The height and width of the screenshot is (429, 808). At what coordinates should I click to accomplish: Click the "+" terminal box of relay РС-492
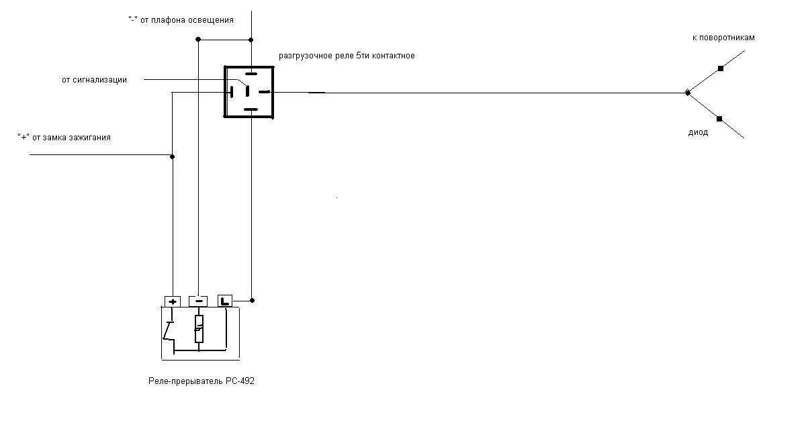173,301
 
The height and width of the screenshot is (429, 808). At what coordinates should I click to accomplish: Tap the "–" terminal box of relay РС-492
198,301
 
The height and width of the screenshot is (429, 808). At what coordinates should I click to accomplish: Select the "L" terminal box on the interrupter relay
225,301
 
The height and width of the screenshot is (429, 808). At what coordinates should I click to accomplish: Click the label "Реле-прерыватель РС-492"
201,381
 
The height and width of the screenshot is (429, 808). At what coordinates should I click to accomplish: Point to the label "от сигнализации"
94,80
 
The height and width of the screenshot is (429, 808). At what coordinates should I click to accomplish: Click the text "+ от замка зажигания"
64,138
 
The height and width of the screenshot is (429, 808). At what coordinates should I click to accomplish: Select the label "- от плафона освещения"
181,20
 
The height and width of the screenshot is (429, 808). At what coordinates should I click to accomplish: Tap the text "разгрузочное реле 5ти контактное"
347,56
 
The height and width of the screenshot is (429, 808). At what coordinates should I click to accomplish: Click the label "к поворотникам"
723,38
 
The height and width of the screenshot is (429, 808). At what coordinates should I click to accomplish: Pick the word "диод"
699,133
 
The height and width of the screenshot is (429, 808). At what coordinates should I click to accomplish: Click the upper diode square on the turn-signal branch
721,68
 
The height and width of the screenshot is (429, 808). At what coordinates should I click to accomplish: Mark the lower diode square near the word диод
719,119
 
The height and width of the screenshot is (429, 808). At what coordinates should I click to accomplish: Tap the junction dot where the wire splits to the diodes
686,93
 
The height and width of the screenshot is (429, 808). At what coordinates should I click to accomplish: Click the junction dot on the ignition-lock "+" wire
173,156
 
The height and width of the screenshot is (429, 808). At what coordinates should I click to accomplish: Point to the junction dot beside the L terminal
252,299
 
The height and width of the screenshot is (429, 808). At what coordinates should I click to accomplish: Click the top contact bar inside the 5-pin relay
251,73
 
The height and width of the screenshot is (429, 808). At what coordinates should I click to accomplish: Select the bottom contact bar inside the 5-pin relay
251,109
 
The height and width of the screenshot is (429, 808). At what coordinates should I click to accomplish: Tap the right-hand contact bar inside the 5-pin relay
265,91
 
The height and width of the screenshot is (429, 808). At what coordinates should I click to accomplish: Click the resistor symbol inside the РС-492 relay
199,328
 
